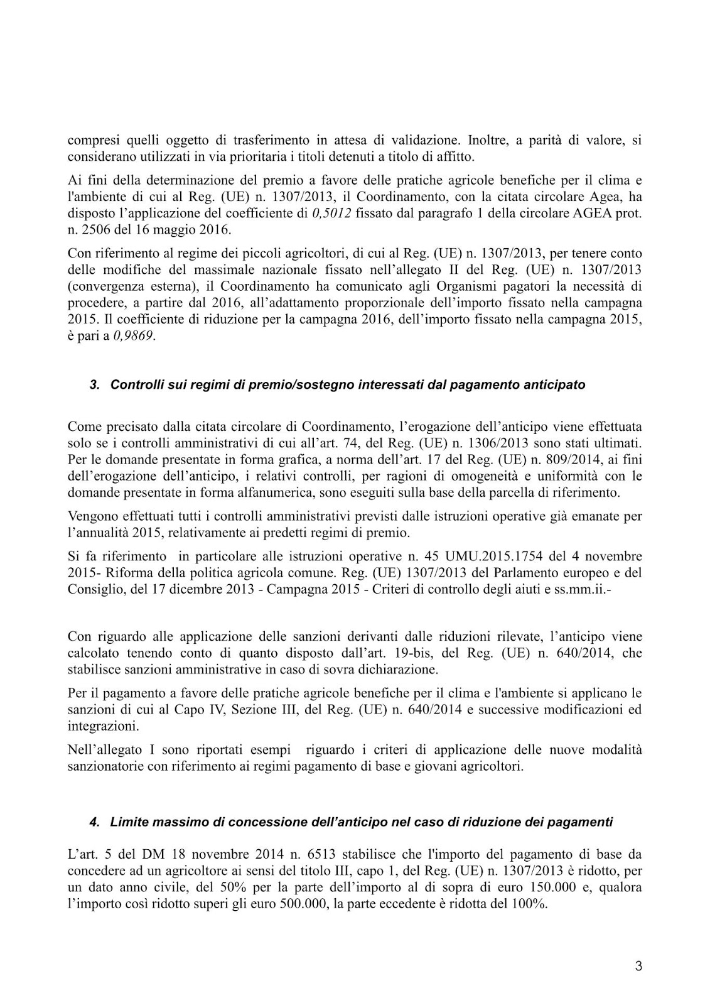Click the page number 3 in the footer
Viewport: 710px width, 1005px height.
(x=638, y=967)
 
